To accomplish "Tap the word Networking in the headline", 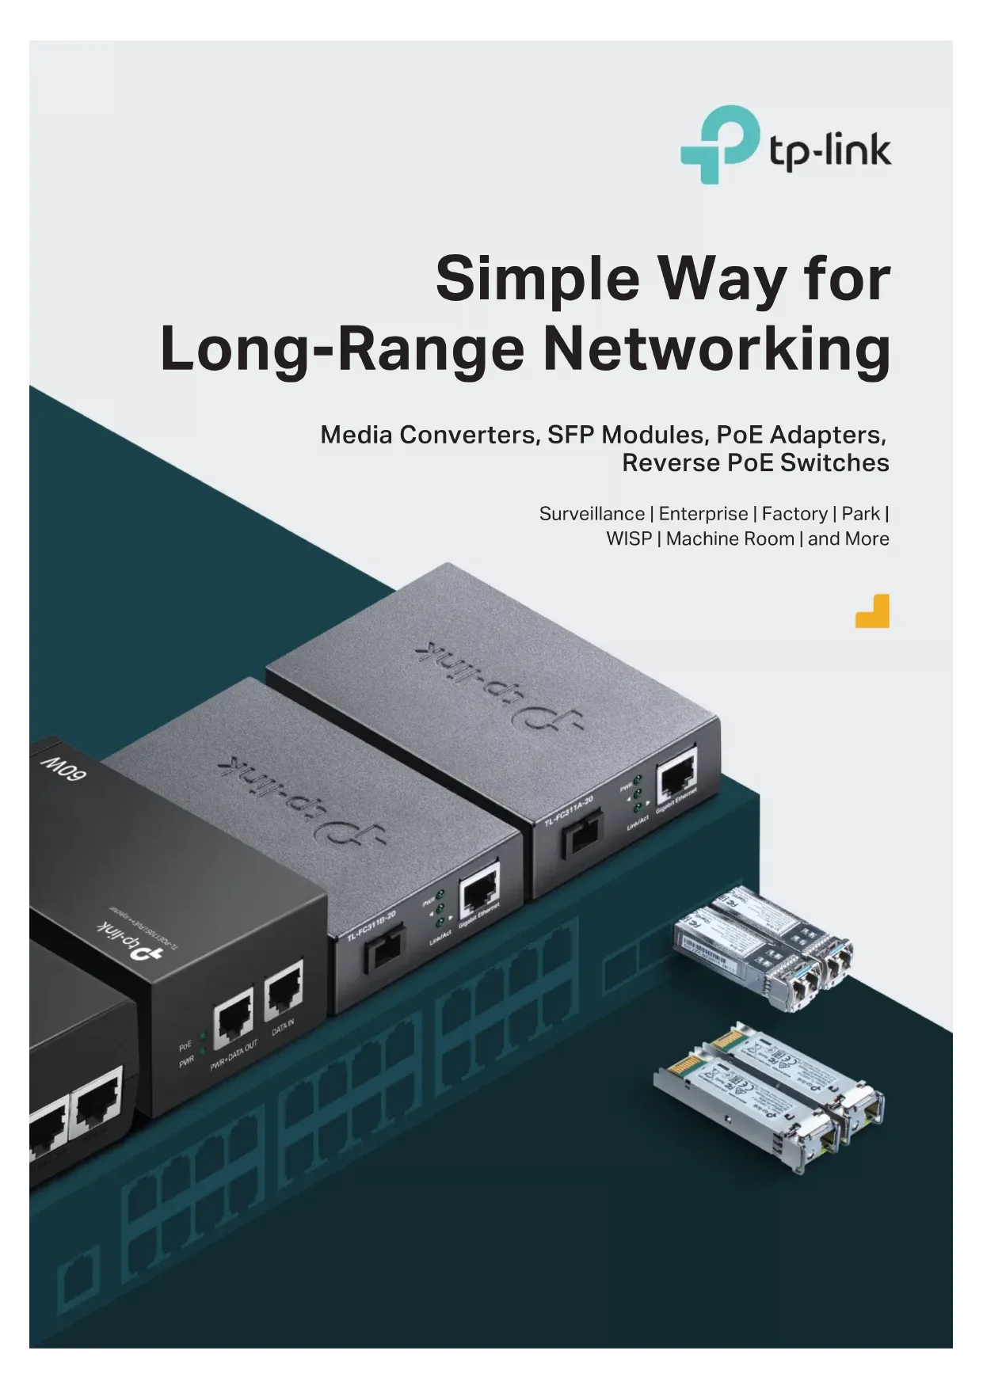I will pyautogui.click(x=717, y=348).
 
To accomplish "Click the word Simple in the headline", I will pyautogui.click(x=537, y=279).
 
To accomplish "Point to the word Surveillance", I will pyautogui.click(x=592, y=514).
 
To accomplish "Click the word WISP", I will pyautogui.click(x=628, y=539).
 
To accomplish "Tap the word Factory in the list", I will pyautogui.click(x=794, y=514).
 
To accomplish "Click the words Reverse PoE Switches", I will pyautogui.click(x=755, y=462).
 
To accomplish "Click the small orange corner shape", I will pyautogui.click(x=873, y=611).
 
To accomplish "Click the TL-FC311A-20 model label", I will pyautogui.click(x=568, y=812).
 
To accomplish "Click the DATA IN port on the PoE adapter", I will pyautogui.click(x=283, y=990).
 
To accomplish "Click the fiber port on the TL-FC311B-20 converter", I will pyautogui.click(x=383, y=949).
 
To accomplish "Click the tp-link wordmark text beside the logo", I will pyautogui.click(x=830, y=150).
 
